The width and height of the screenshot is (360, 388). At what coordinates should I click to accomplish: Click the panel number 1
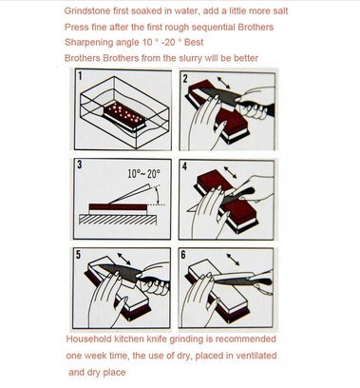click(x=80, y=76)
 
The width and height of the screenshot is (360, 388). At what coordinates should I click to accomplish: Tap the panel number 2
click(x=186, y=78)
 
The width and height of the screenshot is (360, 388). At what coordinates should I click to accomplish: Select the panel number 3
click(x=80, y=165)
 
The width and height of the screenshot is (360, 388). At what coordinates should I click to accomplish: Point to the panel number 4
click(x=185, y=166)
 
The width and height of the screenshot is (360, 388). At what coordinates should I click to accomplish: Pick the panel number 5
click(x=79, y=255)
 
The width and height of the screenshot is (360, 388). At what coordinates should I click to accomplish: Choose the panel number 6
click(x=183, y=255)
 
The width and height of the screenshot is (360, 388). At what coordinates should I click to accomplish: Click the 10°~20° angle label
click(x=143, y=173)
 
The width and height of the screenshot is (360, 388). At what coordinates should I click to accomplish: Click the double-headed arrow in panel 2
click(x=223, y=83)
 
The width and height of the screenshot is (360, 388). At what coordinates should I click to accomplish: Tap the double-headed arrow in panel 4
click(x=230, y=172)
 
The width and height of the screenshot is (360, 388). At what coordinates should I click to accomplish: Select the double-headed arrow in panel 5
click(x=123, y=259)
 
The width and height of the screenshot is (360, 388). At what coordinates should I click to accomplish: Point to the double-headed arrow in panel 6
click(x=233, y=260)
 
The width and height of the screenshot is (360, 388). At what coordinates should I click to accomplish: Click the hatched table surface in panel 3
click(x=118, y=220)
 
